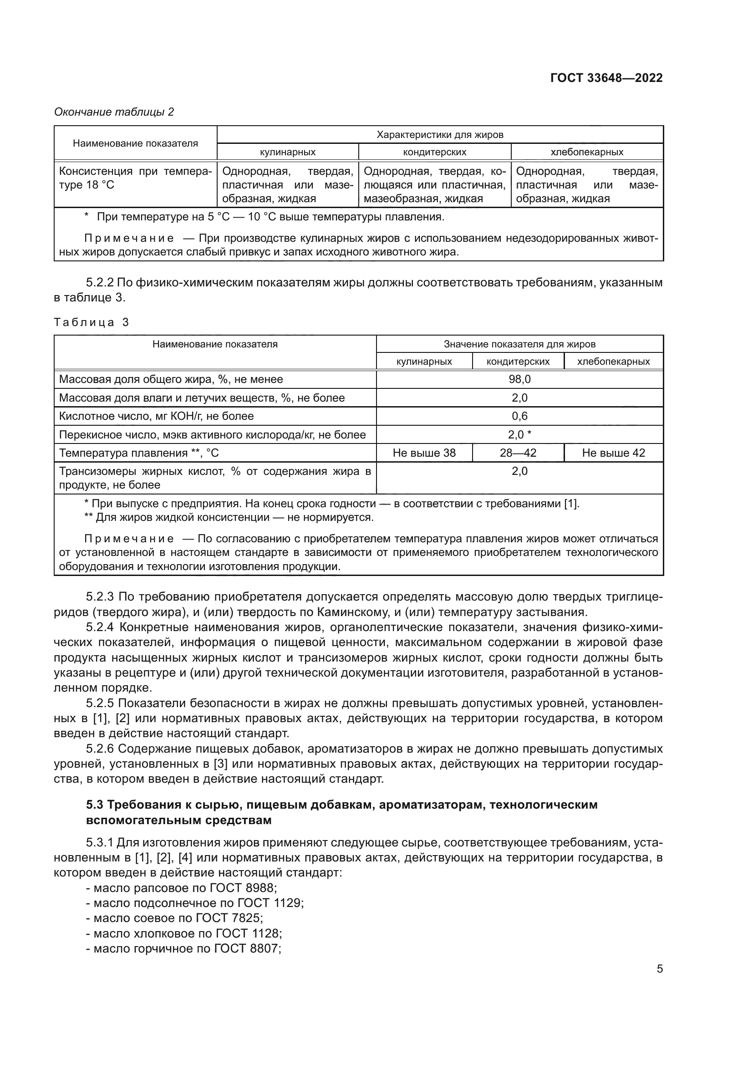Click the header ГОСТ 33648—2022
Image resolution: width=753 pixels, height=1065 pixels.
coord(606,78)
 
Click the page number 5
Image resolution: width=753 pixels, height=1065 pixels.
coord(659,969)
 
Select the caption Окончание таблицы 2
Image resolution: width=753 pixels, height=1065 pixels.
coord(114,112)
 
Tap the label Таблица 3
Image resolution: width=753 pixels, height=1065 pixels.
coord(92,322)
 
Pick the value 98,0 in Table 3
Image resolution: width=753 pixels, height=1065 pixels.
coord(519,379)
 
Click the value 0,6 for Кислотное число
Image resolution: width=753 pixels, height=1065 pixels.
coord(519,416)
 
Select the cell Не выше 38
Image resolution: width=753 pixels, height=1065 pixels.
coord(424,453)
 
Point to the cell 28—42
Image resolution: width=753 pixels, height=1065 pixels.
coord(518,453)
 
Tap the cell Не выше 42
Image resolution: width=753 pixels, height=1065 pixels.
coord(613,453)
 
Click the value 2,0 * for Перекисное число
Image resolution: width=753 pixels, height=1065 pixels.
coord(519,435)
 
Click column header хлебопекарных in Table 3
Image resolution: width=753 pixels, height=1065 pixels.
coord(613,362)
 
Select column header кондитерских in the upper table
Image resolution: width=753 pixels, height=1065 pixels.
coord(434,152)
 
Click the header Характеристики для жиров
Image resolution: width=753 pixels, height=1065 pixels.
coord(440,135)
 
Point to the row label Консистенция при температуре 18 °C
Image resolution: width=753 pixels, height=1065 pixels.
coord(135,178)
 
